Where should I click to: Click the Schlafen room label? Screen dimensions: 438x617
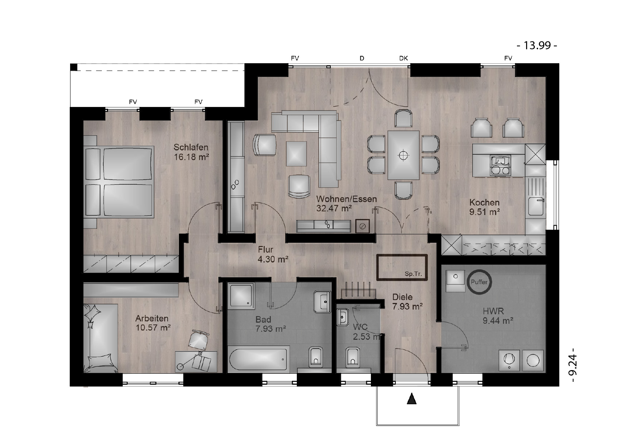point(191,147)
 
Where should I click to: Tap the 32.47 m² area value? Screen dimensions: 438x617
point(334,208)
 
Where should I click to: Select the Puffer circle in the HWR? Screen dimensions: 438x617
point(479,282)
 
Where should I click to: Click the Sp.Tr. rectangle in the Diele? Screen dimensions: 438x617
point(402,267)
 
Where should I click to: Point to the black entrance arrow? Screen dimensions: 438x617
point(412,399)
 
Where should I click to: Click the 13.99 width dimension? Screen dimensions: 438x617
point(537,46)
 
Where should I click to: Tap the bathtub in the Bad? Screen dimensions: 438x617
point(258,359)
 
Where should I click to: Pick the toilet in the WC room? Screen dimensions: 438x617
point(352,357)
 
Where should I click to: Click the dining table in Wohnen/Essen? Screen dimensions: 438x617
point(403,155)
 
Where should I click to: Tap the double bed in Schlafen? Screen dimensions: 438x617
point(119,182)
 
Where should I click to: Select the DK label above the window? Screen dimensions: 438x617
point(403,58)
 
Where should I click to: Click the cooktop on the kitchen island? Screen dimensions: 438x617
point(499,165)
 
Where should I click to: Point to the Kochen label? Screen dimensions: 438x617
point(484,203)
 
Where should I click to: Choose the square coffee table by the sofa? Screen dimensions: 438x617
point(296,154)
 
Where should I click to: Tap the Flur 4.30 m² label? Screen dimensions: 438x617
point(273,254)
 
